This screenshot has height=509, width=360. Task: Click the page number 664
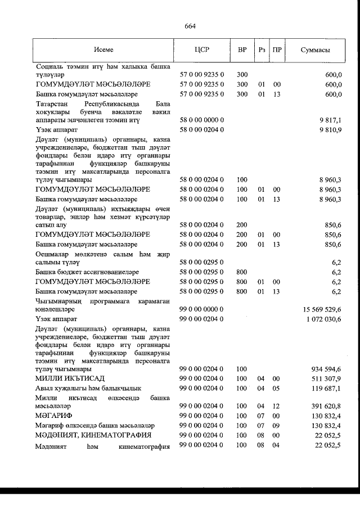tap(190, 26)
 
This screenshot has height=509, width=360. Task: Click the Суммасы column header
tap(316, 49)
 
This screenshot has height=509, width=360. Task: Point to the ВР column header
tap(242, 49)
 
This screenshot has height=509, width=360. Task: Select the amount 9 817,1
tap(331, 120)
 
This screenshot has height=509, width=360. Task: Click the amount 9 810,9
tap(331, 130)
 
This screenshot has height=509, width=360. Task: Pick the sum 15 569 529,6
tap(322, 309)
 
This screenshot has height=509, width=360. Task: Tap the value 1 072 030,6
tap(324, 319)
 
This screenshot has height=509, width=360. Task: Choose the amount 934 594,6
tap(327, 369)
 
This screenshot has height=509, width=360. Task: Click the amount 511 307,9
tap(327, 379)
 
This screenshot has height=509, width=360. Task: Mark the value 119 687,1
tap(327, 388)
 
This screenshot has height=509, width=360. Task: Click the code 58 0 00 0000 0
tap(201, 120)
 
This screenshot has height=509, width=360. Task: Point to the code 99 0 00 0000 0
tap(201, 309)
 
